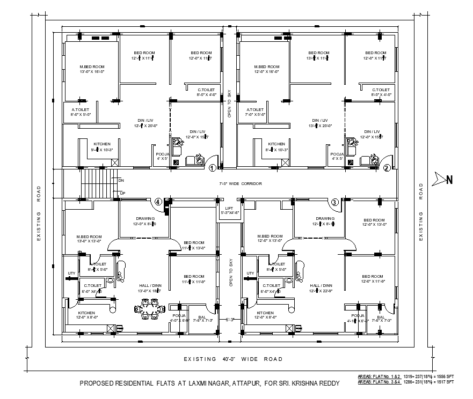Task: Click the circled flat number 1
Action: [x=212, y=168]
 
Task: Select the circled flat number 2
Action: [x=387, y=168]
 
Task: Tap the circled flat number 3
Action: [x=334, y=202]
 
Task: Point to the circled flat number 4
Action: [x=158, y=202]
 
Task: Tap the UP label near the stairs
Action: [x=122, y=193]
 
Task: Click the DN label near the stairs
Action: [x=121, y=181]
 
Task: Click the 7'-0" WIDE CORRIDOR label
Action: [x=241, y=183]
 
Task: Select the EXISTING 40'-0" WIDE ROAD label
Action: [x=233, y=359]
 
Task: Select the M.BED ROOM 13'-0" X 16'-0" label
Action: [x=91, y=69]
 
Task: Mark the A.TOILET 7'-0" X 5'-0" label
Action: [x=256, y=112]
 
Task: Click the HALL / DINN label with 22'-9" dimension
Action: [x=321, y=288]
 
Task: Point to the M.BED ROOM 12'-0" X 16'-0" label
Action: [x=267, y=69]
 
